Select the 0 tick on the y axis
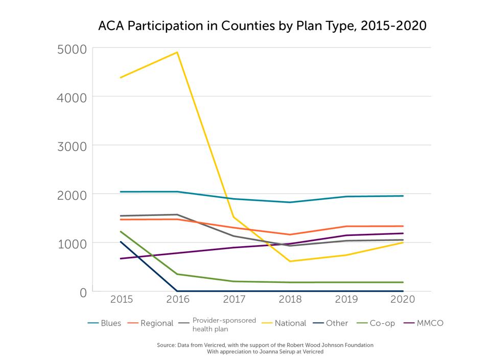tap(82, 292)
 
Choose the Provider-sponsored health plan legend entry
tap(224, 323)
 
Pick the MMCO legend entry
tap(429, 323)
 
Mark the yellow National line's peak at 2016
tap(177, 52)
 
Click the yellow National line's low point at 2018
tap(290, 261)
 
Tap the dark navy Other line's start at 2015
tap(121, 242)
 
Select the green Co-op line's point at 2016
tap(177, 274)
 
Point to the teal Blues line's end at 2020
tap(403, 196)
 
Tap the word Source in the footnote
tap(167, 345)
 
